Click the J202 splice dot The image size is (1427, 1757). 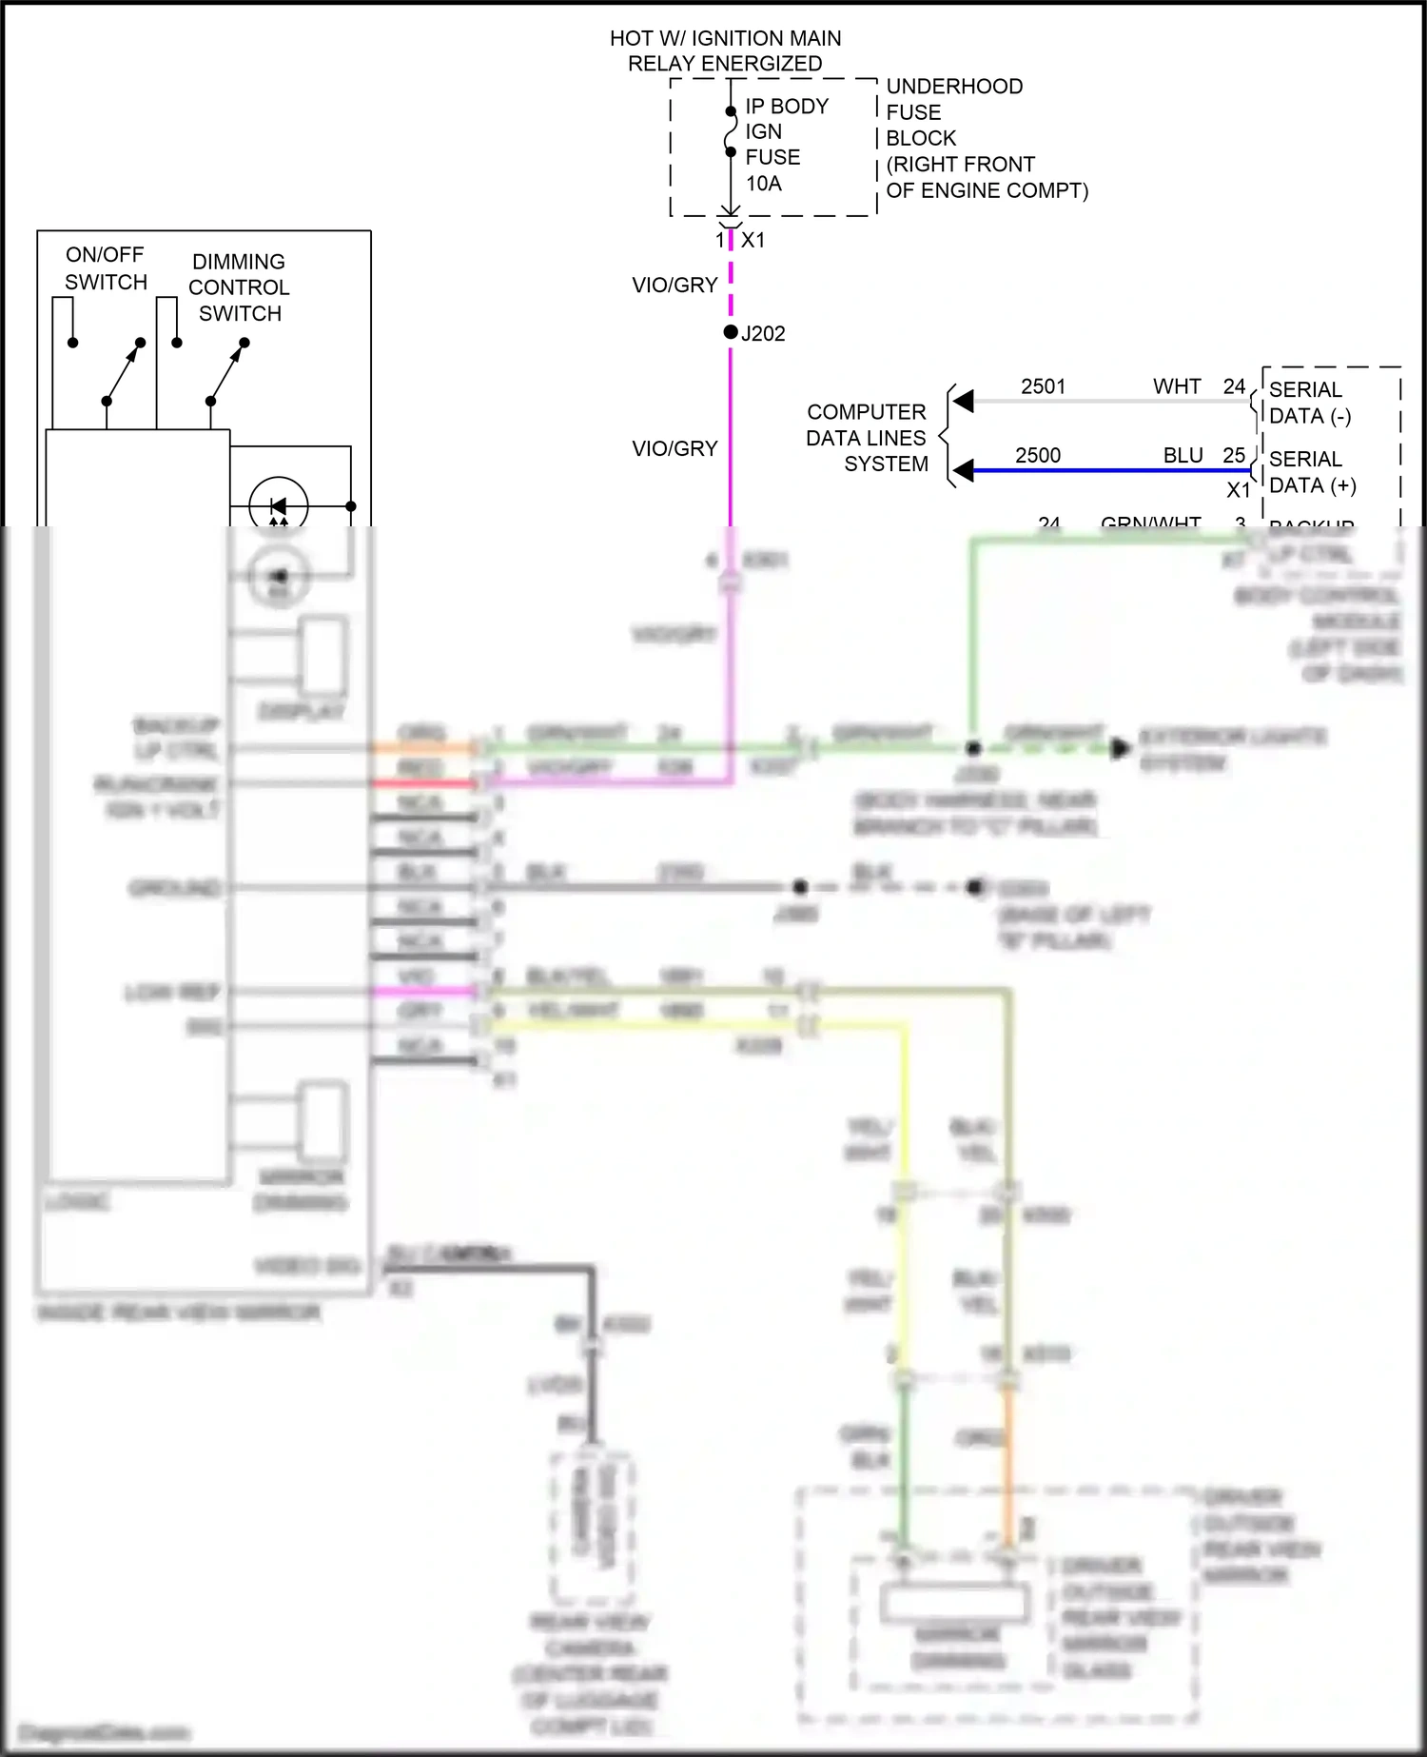tap(731, 332)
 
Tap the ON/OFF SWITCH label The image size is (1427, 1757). tap(106, 268)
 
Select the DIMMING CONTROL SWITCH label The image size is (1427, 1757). tap(239, 287)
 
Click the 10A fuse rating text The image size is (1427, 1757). tap(763, 184)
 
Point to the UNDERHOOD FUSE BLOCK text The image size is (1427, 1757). tap(954, 112)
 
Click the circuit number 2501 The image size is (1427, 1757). tap(1043, 386)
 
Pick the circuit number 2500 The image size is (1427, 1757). tap(1037, 455)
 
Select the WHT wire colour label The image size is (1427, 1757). tap(1177, 386)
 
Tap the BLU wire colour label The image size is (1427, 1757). tap(1183, 455)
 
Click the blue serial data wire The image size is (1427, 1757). tap(1104, 470)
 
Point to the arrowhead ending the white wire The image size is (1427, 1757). tap(964, 401)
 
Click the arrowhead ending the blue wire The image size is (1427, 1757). tap(964, 470)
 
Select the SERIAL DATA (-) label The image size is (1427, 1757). tap(1309, 403)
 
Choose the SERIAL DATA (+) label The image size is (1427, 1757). tap(1312, 472)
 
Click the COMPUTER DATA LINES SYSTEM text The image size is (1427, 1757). tap(867, 438)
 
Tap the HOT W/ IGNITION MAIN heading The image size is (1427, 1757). tap(725, 38)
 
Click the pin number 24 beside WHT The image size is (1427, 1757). tap(1234, 386)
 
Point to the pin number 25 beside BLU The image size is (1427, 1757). tap(1234, 455)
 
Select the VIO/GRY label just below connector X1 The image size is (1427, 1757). tap(674, 285)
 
